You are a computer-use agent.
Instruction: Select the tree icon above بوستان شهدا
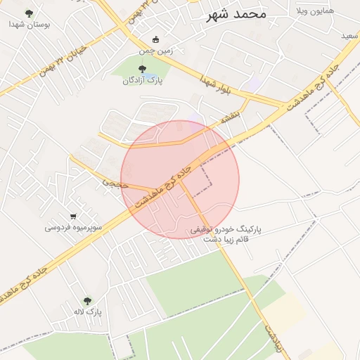point(29,13)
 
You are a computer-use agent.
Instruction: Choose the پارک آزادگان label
point(143,80)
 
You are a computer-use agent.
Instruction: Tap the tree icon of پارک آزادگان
point(143,69)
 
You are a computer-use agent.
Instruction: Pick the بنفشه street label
point(230,114)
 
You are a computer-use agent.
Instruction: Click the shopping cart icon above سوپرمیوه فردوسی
point(74,216)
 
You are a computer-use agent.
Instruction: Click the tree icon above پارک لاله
point(88,300)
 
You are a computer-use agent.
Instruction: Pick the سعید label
point(349,35)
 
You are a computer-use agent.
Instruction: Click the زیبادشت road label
point(274,337)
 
